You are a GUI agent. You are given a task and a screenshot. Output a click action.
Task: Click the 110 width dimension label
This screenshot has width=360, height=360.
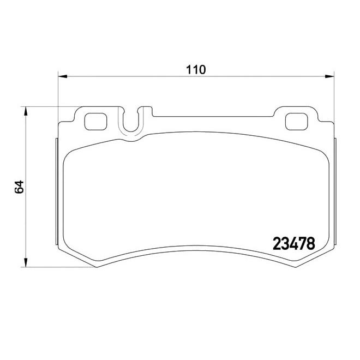196,69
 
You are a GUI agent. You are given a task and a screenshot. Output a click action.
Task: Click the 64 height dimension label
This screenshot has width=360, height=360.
20,187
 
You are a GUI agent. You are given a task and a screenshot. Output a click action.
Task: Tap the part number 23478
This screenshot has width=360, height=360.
293,243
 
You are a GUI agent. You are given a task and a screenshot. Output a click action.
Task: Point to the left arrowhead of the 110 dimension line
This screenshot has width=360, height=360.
62,76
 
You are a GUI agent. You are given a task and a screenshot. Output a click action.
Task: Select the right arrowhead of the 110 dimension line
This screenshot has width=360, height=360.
330,76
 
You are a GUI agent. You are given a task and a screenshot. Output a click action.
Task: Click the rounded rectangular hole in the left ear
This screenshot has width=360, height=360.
96,121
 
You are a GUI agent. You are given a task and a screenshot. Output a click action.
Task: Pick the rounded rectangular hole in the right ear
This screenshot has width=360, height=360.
297,121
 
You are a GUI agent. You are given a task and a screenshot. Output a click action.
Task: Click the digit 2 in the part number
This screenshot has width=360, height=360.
275,243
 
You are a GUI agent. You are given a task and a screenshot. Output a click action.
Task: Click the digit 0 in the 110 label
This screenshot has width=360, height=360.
201,69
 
